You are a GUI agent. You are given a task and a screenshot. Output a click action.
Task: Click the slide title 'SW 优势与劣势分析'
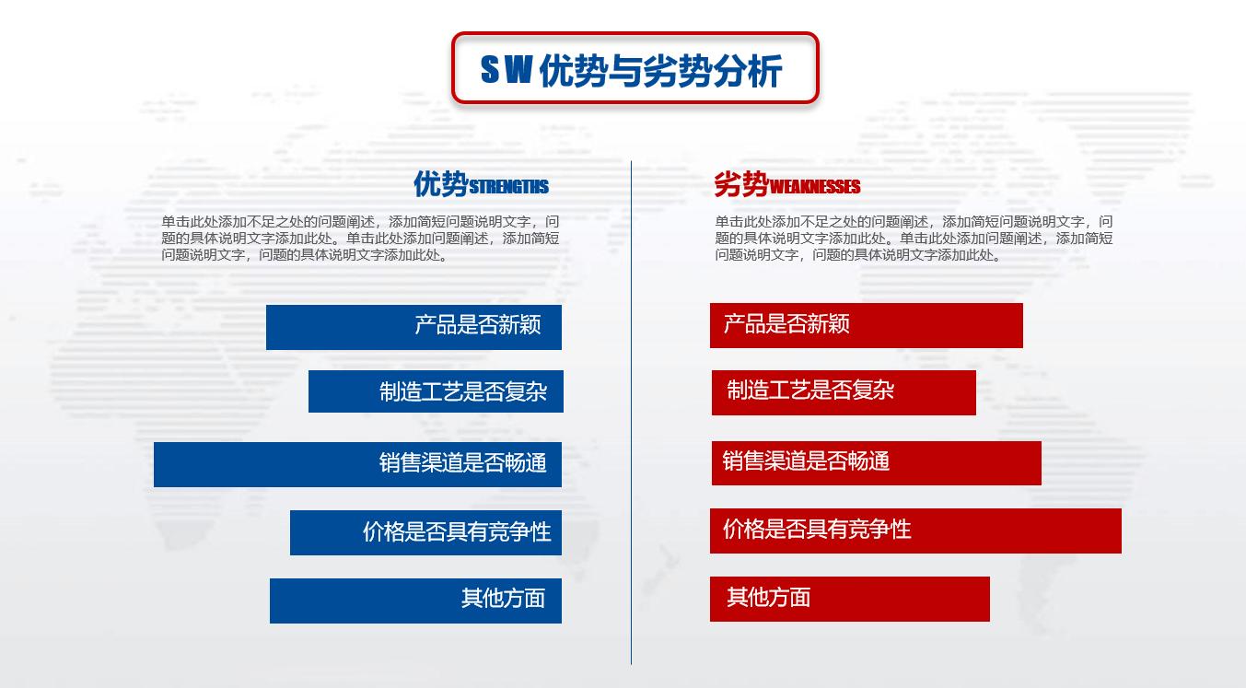(634, 69)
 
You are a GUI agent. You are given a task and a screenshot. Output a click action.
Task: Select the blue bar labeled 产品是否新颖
(413, 327)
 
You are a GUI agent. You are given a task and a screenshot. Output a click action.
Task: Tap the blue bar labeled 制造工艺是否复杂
(436, 391)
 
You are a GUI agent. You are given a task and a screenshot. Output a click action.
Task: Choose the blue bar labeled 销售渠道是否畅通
(357, 464)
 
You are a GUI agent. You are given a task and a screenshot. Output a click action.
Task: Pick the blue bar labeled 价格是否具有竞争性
(425, 532)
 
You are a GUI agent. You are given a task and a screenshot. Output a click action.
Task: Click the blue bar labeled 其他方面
(415, 601)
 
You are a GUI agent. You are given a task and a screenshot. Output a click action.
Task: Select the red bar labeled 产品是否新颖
(866, 325)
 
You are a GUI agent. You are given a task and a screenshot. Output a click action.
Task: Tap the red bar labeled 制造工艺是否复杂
(843, 392)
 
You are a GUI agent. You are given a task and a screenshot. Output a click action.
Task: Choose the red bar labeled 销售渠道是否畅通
(876, 462)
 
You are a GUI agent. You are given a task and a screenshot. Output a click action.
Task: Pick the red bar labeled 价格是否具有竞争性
(915, 531)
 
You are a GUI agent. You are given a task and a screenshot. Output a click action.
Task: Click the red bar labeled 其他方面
(849, 599)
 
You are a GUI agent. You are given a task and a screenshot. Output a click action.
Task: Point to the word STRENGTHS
(508, 188)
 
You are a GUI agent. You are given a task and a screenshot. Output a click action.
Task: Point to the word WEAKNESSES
(814, 188)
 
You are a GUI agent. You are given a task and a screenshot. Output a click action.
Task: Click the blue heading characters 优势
(440, 184)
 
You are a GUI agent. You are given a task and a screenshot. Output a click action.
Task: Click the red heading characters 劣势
(741, 185)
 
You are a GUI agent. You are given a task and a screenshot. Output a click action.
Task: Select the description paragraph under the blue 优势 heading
(360, 239)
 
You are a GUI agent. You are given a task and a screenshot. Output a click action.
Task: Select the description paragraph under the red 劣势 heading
(914, 239)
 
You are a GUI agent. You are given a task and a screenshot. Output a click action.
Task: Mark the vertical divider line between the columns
(631, 414)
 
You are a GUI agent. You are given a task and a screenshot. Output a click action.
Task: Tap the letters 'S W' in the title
(506, 70)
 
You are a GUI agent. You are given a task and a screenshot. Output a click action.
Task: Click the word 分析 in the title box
(747, 70)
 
